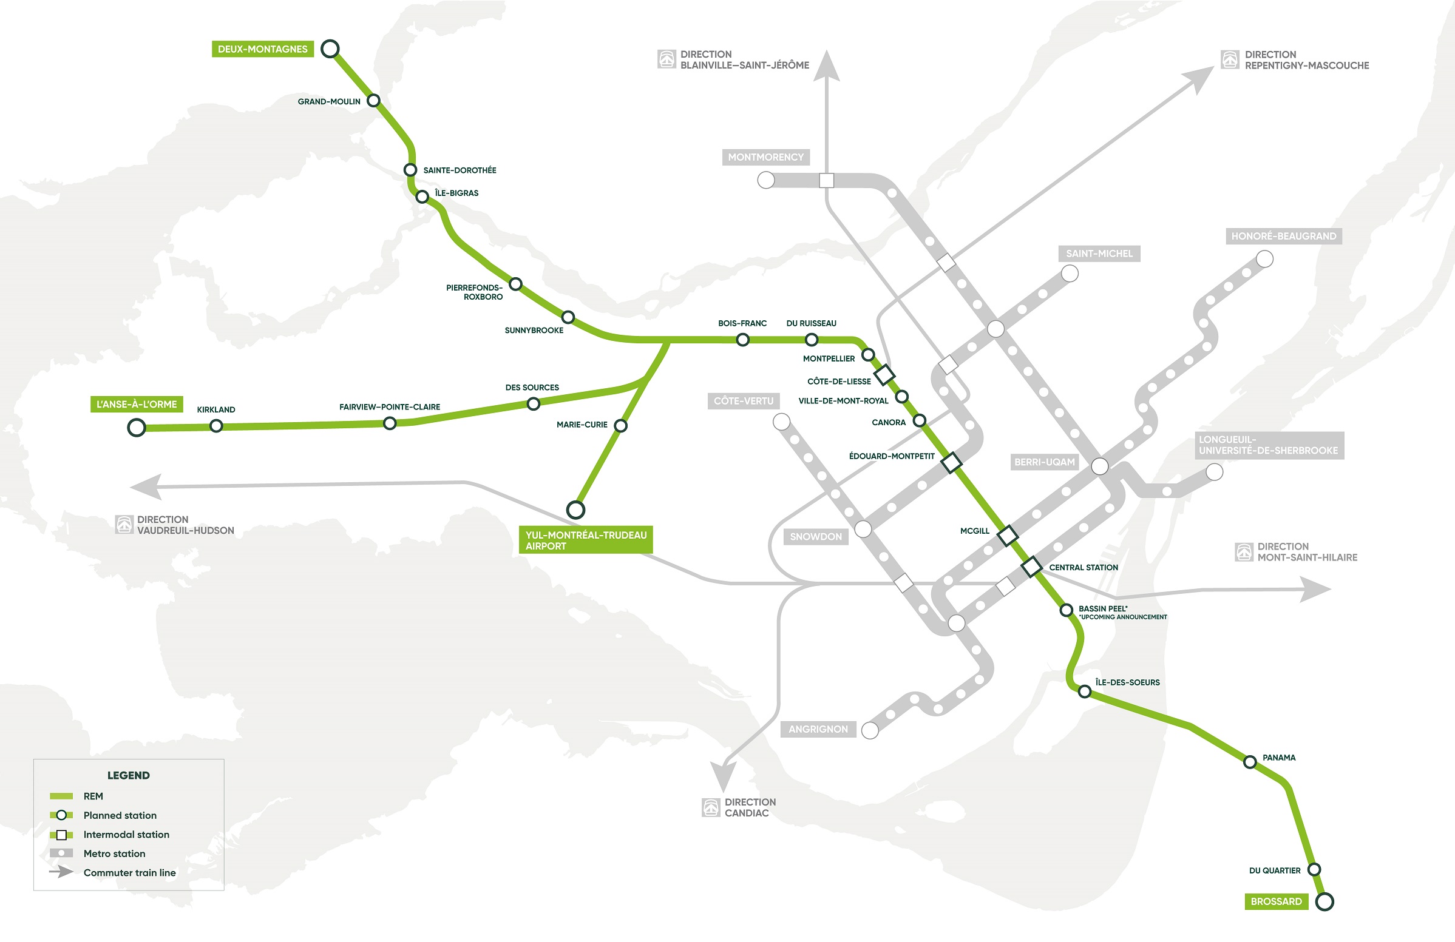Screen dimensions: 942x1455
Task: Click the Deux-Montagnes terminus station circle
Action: pos(330,49)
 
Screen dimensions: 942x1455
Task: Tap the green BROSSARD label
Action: pos(1276,901)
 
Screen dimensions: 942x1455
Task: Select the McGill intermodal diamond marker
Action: pos(1008,536)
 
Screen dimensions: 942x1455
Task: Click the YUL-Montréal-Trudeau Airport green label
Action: pos(586,540)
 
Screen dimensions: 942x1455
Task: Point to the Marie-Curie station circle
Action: pos(620,425)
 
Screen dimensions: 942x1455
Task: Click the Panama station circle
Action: pos(1250,762)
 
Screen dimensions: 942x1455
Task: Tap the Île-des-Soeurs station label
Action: pos(1127,682)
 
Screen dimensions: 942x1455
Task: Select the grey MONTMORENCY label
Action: pos(765,157)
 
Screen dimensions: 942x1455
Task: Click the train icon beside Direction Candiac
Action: pos(711,807)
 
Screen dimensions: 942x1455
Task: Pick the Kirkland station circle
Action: pos(216,426)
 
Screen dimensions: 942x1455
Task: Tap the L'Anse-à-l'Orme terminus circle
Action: pos(137,428)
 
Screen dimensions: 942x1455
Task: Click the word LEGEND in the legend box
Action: pos(129,775)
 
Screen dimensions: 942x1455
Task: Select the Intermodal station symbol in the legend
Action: pos(61,835)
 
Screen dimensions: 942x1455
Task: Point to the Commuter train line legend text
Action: pos(130,872)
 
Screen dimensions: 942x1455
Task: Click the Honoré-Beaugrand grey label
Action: pos(1283,236)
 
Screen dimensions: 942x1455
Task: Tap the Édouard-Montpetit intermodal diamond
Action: pos(951,462)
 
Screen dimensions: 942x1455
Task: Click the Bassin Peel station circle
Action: pos(1066,610)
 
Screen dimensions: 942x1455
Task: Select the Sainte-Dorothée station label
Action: pos(460,170)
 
